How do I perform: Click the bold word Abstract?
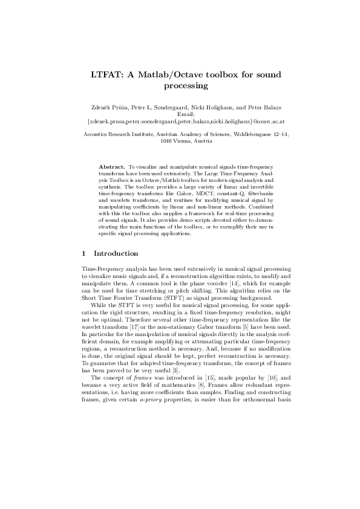pyautogui.click(x=111, y=165)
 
